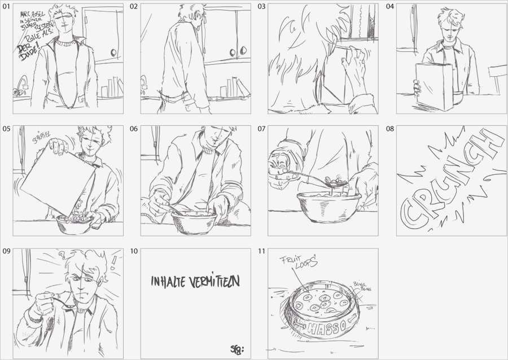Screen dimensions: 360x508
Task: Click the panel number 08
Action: (390, 129)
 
